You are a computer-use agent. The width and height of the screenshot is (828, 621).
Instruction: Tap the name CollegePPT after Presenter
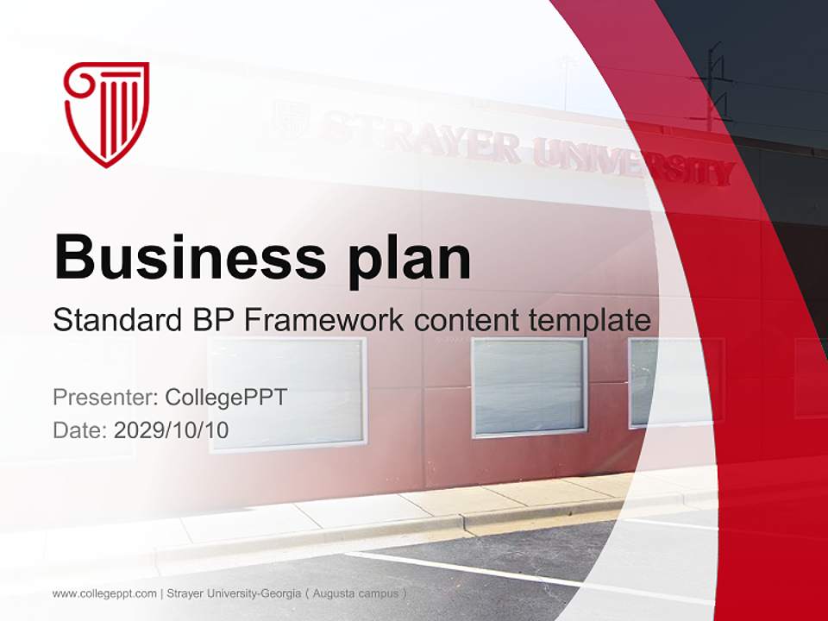pos(225,398)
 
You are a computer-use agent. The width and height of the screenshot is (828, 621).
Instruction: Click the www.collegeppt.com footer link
pos(104,593)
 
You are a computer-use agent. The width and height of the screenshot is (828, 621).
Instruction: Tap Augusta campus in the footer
pos(355,593)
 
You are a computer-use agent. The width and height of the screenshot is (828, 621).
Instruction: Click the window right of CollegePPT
pos(287,392)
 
